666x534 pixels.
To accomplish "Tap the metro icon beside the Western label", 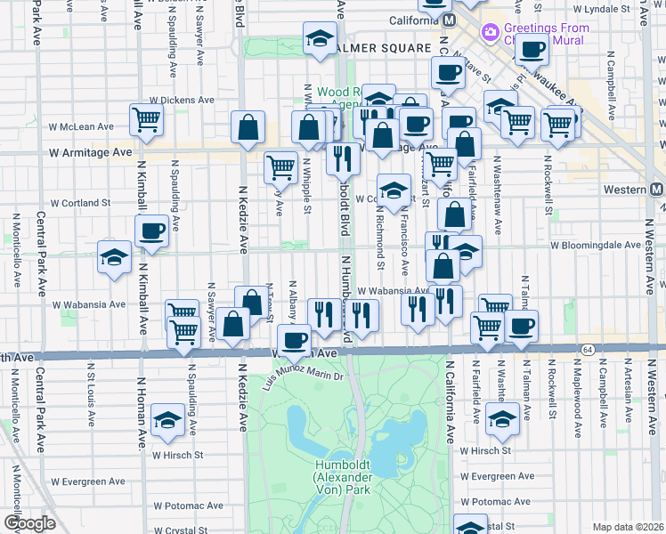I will click(x=656, y=190).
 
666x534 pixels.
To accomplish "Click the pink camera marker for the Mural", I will click(x=490, y=33).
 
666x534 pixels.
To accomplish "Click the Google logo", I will click(x=30, y=523).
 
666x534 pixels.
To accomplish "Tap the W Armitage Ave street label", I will click(x=91, y=152).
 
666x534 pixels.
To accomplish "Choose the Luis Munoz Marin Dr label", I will click(x=304, y=376).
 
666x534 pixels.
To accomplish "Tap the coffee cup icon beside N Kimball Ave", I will click(x=151, y=231).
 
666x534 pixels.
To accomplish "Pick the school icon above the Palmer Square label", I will click(x=318, y=38).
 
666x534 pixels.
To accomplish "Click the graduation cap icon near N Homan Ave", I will click(x=166, y=420).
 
